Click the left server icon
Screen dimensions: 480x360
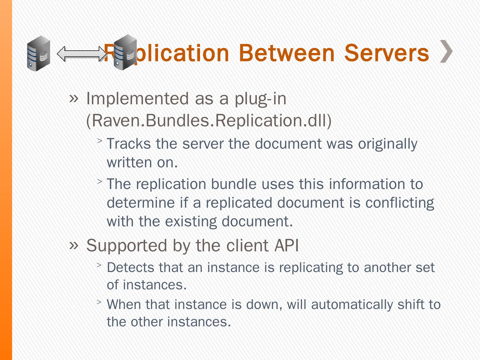click(39, 53)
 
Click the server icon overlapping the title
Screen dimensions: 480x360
click(124, 52)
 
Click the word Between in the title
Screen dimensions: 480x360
click(286, 53)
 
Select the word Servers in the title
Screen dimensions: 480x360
click(386, 53)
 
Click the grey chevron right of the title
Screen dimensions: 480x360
click(446, 51)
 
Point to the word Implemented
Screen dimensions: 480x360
click(137, 99)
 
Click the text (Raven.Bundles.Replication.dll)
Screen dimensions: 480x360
click(209, 120)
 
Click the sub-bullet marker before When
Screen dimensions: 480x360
click(99, 302)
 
